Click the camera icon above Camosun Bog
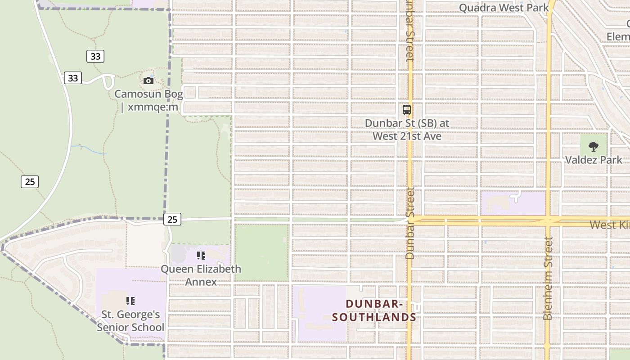coord(148,81)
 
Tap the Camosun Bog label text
coord(148,94)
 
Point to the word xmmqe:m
coord(153,108)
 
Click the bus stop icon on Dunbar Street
coord(407,109)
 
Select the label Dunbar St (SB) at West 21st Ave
coord(407,129)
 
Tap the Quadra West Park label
coord(504,8)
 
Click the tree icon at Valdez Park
coord(594,146)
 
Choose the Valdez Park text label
coord(594,160)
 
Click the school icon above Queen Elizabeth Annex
coord(201,256)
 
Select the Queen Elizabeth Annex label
coord(201,275)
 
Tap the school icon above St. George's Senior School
coord(130,301)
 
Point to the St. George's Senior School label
coord(130,321)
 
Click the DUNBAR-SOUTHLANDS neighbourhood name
coord(374,310)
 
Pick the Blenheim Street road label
coord(548,279)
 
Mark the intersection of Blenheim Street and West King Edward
coord(548,221)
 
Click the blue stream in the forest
coord(90,149)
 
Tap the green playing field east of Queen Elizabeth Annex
coord(261,252)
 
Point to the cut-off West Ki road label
coord(609,225)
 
